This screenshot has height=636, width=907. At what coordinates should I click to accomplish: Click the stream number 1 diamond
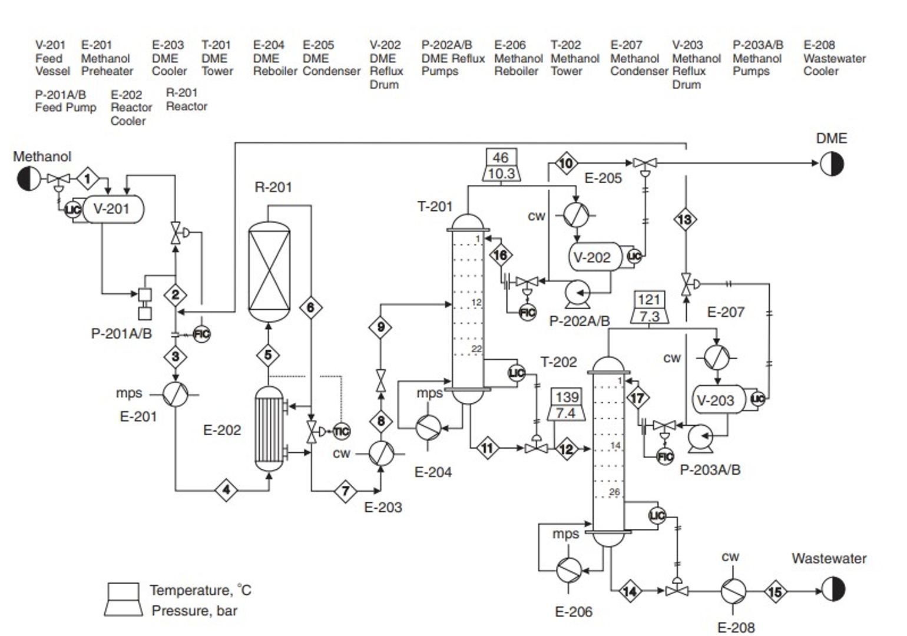pyautogui.click(x=88, y=178)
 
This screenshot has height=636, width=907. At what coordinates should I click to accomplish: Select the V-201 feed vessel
pyautogui.click(x=112, y=209)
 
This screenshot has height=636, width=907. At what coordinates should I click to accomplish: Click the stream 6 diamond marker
pyautogui.click(x=310, y=307)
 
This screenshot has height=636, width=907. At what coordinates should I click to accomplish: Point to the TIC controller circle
pyautogui.click(x=342, y=431)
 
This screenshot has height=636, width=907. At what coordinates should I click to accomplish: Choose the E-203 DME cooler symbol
pyautogui.click(x=381, y=453)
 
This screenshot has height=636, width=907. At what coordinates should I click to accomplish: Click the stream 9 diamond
pyautogui.click(x=381, y=327)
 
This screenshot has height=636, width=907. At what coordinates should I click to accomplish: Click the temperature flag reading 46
pyautogui.click(x=501, y=157)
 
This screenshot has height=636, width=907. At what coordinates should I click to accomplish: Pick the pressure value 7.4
pyautogui.click(x=566, y=413)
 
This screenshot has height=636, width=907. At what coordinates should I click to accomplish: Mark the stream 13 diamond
pyautogui.click(x=685, y=220)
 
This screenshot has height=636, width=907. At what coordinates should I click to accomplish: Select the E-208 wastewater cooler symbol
pyautogui.click(x=733, y=591)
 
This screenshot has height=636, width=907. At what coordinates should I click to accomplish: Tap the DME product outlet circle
pyautogui.click(x=832, y=164)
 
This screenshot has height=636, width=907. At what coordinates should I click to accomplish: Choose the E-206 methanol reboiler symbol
pyautogui.click(x=569, y=569)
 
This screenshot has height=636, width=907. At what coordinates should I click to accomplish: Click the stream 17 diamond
pyautogui.click(x=637, y=398)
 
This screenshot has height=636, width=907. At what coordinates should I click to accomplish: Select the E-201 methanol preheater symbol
pyautogui.click(x=176, y=394)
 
